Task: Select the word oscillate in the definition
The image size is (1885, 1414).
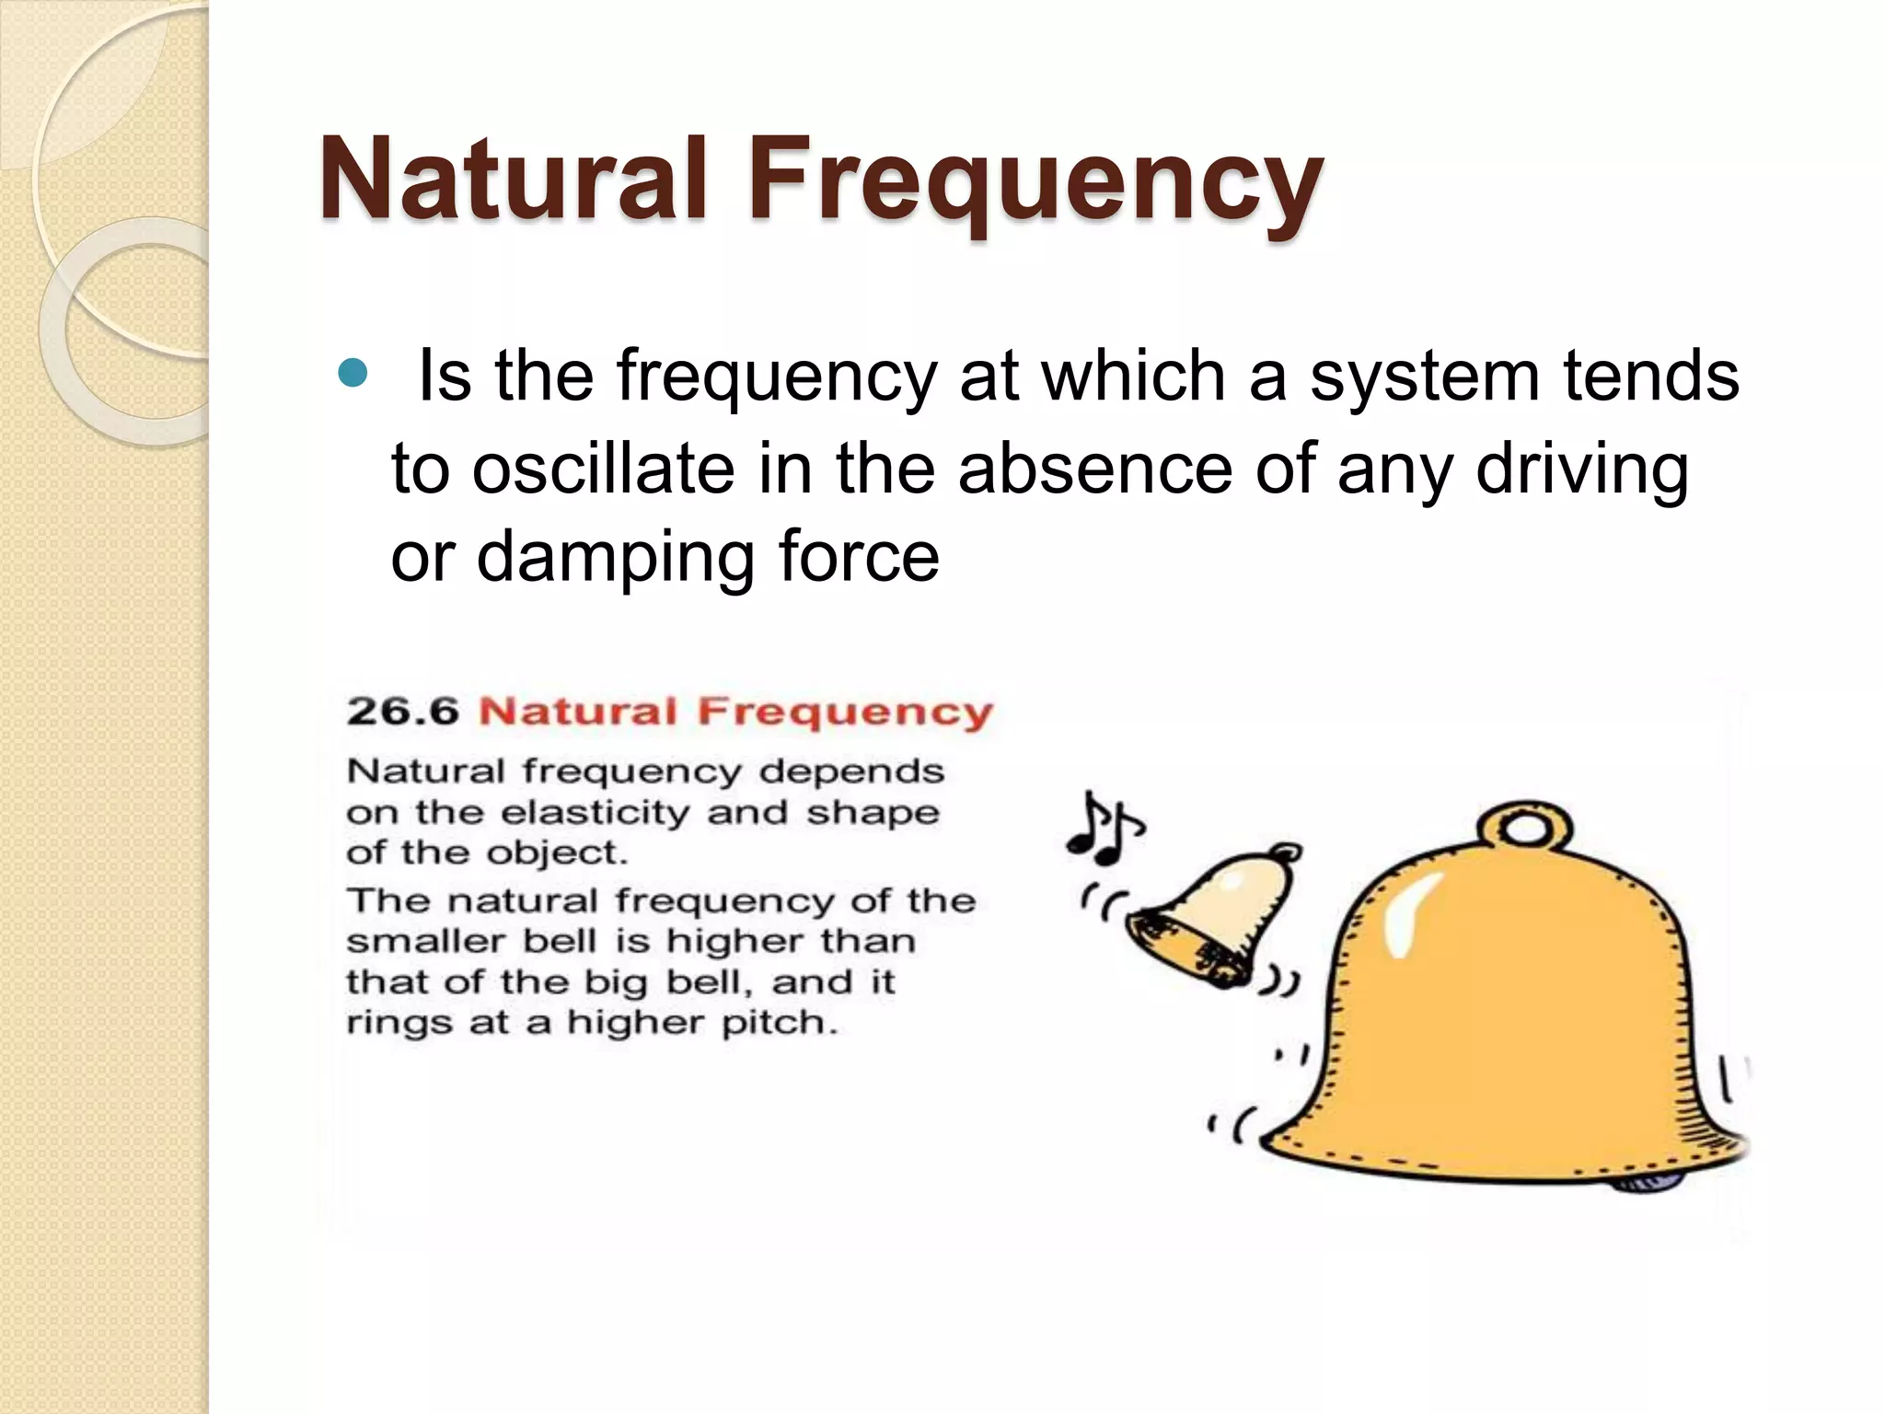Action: coord(603,468)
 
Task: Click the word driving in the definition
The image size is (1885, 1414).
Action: coord(1582,468)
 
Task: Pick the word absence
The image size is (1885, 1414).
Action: coord(1094,468)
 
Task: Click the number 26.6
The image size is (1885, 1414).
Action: coord(402,712)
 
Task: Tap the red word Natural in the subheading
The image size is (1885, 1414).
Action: coord(578,712)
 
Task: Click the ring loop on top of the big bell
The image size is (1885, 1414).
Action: coord(1526,827)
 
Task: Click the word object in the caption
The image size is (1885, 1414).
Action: coord(556,853)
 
